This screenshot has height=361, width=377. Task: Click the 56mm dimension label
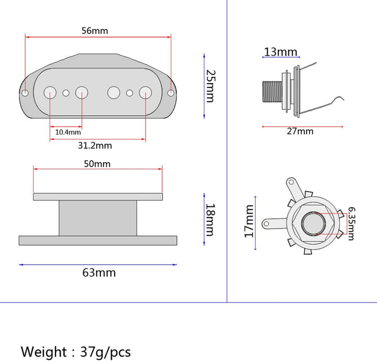(95, 31)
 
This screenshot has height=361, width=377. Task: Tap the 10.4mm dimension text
(68, 132)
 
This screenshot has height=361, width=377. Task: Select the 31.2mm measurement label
(95, 145)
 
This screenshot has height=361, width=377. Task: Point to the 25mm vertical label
(211, 86)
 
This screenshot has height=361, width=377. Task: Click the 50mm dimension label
(97, 164)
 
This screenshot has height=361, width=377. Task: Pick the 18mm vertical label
(210, 220)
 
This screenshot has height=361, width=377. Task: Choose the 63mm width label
(99, 273)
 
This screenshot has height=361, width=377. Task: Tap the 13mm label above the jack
(281, 52)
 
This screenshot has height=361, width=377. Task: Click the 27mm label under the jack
(300, 131)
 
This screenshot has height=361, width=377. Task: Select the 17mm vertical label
(249, 221)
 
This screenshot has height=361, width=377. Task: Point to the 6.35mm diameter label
(351, 223)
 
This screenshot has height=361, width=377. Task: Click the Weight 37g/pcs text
(76, 352)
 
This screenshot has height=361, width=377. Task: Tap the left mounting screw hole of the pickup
(25, 93)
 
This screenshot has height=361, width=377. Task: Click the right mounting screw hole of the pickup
(171, 93)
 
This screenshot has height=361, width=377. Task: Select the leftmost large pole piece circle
(50, 93)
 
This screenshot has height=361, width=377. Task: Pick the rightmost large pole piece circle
(146, 93)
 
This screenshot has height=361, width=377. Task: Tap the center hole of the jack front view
(313, 223)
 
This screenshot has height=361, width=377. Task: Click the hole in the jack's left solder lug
(267, 224)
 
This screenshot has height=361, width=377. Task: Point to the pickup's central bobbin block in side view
(98, 218)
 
